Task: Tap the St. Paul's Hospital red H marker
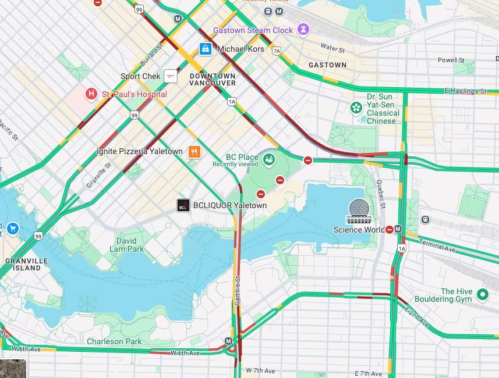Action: [91, 94]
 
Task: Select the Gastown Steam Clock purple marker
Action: [303, 29]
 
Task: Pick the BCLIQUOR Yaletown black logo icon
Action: [183, 205]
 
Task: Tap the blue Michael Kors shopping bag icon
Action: [205, 49]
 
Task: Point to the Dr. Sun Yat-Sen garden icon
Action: [356, 108]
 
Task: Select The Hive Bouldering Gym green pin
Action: [482, 295]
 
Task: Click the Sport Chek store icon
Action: [170, 76]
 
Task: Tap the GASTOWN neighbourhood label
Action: [327, 65]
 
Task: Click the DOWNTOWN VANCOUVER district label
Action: [213, 80]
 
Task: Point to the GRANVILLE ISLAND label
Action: [27, 265]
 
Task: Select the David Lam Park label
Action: [126, 245]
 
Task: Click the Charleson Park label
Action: [114, 341]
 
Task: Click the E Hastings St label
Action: [465, 91]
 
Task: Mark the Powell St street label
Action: [451, 60]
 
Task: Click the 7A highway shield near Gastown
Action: [276, 51]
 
